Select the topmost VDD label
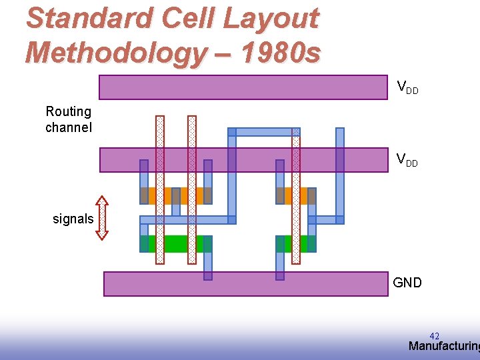click(x=407, y=87)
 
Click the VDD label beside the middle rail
click(x=407, y=160)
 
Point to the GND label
click(x=407, y=283)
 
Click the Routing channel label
click(x=68, y=119)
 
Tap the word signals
click(x=73, y=219)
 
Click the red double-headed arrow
click(x=102, y=217)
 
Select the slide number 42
click(x=435, y=336)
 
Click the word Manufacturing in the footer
click(x=443, y=346)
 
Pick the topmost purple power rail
click(x=243, y=87)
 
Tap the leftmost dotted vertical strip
click(x=159, y=190)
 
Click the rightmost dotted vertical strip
click(x=296, y=197)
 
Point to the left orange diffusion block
click(x=176, y=195)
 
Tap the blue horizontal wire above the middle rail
click(x=264, y=132)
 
